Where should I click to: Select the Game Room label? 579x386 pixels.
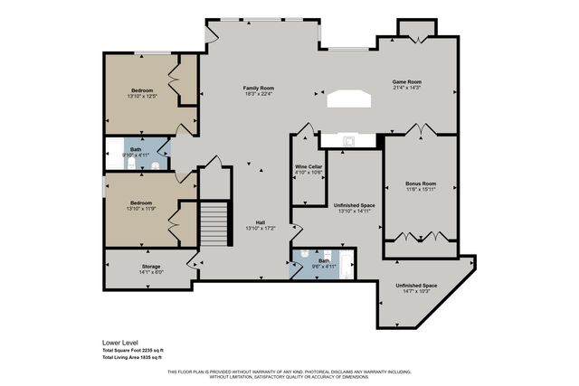point(406,82)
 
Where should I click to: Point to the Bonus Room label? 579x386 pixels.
point(420,184)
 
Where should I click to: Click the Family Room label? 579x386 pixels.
point(258,88)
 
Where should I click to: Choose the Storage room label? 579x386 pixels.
point(150,267)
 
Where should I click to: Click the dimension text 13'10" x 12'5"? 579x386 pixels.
point(142,96)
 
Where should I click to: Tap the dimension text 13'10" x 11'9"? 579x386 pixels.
point(141,209)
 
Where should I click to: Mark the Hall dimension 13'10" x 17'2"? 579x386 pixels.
point(259,228)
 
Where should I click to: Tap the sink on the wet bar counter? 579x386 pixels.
point(347,140)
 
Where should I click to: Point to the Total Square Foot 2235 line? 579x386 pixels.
point(132,351)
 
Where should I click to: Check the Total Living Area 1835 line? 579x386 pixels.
point(132,358)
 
